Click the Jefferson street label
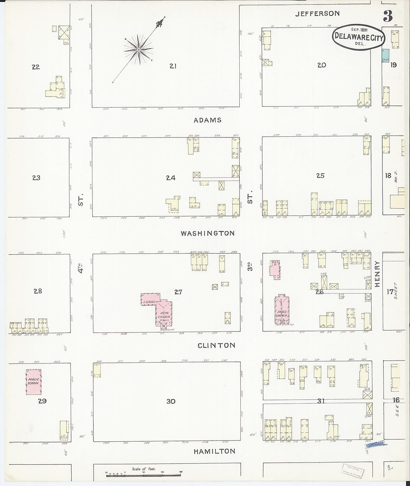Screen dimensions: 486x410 point(317,14)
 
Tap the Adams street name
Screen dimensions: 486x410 point(208,120)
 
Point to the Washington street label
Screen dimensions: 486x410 point(208,234)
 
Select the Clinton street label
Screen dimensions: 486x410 point(216,345)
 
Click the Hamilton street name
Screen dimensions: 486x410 point(214,451)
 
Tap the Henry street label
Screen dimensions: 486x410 point(377,274)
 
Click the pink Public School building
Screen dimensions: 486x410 point(34,382)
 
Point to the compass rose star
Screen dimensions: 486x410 point(138,49)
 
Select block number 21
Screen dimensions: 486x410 point(173,66)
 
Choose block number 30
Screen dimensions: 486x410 point(171,401)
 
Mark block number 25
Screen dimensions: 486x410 point(320,176)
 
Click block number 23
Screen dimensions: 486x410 point(36,178)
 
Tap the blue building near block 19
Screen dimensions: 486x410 point(385,56)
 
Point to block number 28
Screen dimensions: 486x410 point(38,291)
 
